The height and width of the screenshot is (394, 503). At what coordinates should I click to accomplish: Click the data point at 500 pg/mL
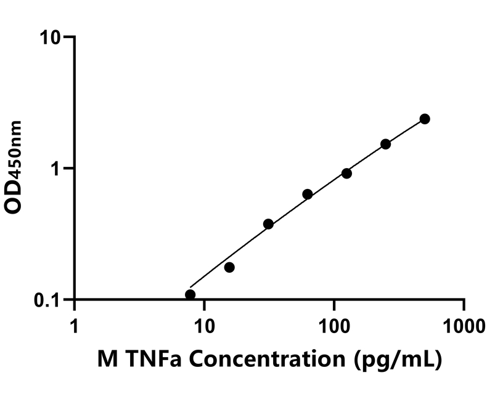(424, 119)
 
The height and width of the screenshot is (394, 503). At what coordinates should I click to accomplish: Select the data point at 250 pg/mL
(385, 144)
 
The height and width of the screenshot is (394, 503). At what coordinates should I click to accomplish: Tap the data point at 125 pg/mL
(346, 174)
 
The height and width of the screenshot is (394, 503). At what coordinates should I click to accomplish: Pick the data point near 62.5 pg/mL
(308, 194)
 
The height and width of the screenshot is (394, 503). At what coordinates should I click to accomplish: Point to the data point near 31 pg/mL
(268, 224)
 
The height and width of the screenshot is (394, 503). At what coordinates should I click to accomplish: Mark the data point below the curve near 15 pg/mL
(229, 267)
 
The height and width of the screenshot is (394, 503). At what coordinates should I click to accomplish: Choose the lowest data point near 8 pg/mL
(190, 295)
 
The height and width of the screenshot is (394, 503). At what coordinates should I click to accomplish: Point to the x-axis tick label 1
(75, 324)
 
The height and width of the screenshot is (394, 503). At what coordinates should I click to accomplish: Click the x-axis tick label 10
(204, 324)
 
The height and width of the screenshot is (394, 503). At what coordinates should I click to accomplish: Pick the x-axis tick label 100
(334, 324)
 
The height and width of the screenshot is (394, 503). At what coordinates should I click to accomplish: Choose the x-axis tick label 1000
(464, 324)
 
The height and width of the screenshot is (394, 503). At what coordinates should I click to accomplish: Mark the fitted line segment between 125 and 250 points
(366, 159)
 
